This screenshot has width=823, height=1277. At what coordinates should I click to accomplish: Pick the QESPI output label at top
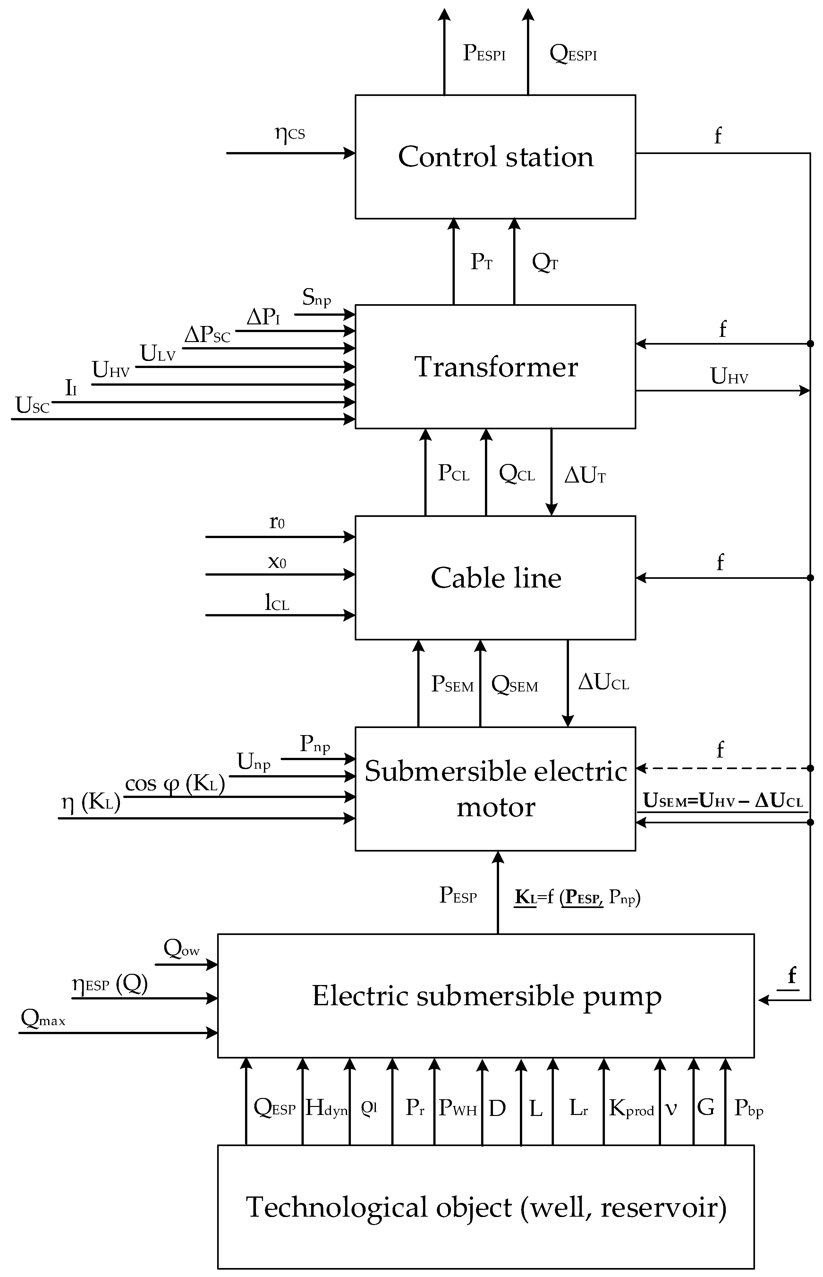pos(573,54)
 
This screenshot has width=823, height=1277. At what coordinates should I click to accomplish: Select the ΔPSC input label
pos(207,335)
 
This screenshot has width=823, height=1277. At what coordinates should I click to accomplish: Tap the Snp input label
pos(316,297)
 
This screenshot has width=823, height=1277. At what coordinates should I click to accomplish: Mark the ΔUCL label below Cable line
pos(603,682)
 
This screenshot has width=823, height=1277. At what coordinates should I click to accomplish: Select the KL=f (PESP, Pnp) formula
pos(577,897)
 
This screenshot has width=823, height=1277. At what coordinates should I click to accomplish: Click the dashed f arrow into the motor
pos(721,768)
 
